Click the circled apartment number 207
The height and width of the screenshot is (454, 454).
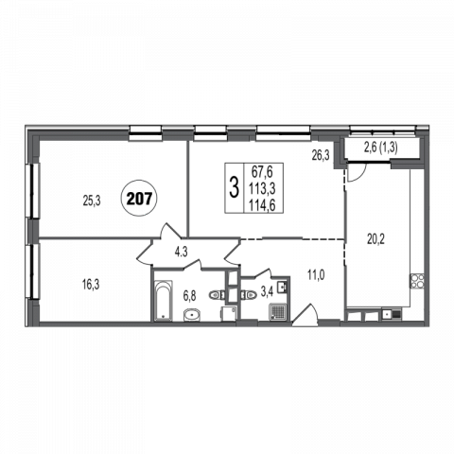tap(139, 199)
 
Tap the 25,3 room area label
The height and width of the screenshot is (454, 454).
tap(92, 201)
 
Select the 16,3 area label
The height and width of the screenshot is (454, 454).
tap(91, 285)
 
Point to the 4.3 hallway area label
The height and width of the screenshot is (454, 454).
tap(181, 253)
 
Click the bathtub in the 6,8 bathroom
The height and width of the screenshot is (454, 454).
tap(164, 300)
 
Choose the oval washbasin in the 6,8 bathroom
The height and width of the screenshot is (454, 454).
tap(192, 315)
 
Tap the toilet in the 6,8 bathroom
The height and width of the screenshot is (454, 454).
tap(217, 295)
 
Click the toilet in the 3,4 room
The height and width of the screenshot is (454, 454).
tap(249, 295)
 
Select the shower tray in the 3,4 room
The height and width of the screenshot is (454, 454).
tap(278, 312)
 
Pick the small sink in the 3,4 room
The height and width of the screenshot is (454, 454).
tap(282, 288)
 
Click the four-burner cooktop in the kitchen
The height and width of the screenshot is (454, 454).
tap(417, 281)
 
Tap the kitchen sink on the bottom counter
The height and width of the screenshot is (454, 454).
tap(391, 314)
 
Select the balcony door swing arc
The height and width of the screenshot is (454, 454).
tap(360, 177)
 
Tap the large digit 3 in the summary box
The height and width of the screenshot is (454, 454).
tap(234, 188)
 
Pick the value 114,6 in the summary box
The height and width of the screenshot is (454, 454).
tap(262, 205)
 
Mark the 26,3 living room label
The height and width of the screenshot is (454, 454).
tap(321, 155)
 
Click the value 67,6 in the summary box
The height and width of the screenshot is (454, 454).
tap(262, 173)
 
